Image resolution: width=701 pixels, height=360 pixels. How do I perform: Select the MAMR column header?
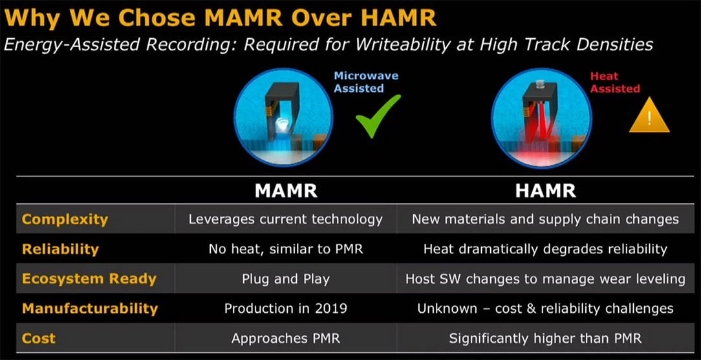tap(286, 191)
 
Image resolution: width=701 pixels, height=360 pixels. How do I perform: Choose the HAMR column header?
tap(545, 191)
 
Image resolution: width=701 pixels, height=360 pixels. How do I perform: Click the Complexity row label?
tap(65, 220)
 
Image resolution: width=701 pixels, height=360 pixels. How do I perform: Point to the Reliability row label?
tap(60, 249)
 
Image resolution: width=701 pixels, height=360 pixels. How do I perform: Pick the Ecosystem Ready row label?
tap(89, 279)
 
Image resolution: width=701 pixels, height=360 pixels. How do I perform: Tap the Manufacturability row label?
tap(90, 308)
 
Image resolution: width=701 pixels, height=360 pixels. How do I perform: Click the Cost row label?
tap(39, 338)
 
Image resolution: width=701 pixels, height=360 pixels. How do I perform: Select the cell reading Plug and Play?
tap(286, 279)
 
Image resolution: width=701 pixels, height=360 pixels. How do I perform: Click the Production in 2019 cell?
tap(286, 308)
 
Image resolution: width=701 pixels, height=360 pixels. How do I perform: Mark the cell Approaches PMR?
tap(286, 338)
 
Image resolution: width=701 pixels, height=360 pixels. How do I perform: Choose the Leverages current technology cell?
tap(286, 219)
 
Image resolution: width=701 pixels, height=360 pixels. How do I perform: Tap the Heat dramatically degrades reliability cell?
tap(545, 249)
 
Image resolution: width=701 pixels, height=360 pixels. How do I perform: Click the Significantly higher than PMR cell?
tap(545, 338)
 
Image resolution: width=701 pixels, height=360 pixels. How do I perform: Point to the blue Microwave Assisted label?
tap(366, 81)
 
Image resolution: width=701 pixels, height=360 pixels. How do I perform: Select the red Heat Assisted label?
tap(615, 82)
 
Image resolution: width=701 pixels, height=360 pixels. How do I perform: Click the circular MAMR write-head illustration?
tap(283, 118)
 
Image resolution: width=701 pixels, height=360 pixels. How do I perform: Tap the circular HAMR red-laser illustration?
tap(541, 118)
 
